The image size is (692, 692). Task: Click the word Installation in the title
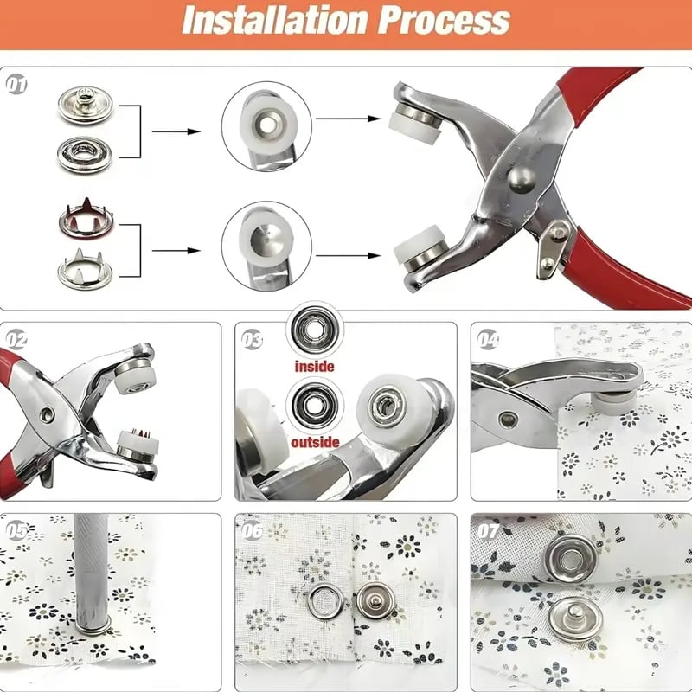[274, 20]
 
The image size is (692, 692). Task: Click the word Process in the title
[444, 20]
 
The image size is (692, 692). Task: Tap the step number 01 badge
[16, 84]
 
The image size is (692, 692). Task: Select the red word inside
[314, 366]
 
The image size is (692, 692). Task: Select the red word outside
[315, 442]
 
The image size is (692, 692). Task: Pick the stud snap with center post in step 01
[85, 105]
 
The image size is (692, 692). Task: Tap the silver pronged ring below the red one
[84, 269]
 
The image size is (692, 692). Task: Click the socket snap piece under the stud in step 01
[84, 154]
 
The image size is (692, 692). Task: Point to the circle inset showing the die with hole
[266, 126]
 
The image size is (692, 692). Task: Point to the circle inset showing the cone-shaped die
[266, 246]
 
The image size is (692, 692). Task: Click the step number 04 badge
[488, 340]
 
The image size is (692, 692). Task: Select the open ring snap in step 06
[326, 600]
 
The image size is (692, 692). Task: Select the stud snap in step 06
[375, 601]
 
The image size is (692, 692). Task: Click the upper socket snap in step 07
[571, 559]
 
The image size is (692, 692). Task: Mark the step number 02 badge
[16, 340]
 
